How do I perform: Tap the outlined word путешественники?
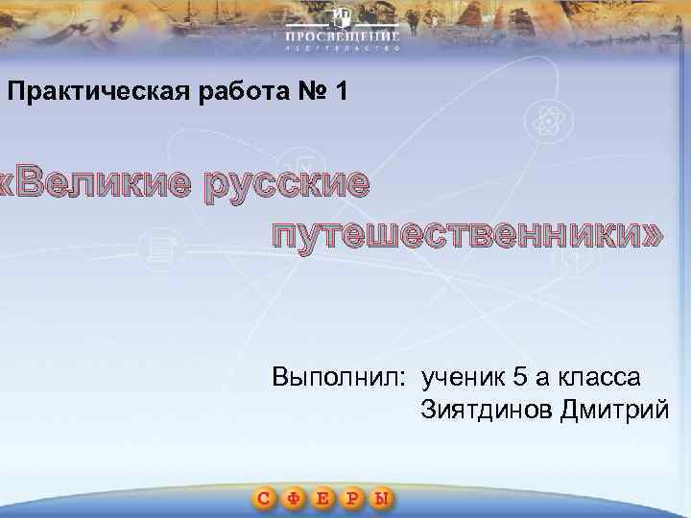465,233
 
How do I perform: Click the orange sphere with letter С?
267,498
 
